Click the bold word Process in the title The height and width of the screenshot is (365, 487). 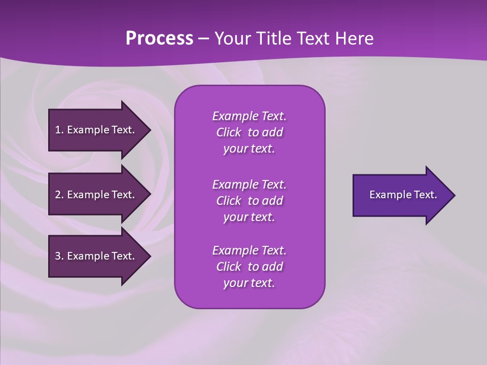click(159, 39)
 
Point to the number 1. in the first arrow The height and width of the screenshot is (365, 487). click(59, 130)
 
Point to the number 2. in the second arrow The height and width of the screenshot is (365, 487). click(59, 195)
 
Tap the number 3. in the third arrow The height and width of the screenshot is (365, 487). click(59, 256)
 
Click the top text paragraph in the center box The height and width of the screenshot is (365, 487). click(249, 132)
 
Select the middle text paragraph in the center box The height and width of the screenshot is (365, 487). click(249, 201)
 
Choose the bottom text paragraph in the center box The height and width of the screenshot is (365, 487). click(249, 267)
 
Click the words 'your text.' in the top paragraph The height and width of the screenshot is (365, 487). click(249, 149)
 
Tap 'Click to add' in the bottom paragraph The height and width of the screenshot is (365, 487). click(249, 267)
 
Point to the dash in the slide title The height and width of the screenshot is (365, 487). click(203, 39)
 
